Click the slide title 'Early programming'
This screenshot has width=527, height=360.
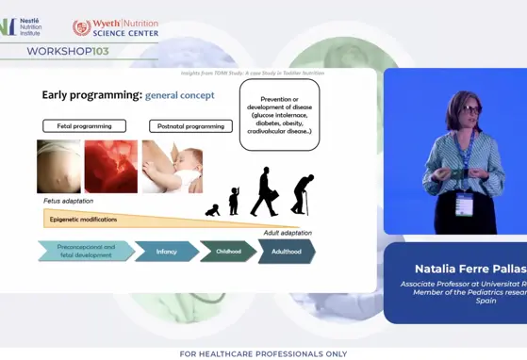click(91, 95)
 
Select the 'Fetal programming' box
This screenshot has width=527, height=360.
click(84, 125)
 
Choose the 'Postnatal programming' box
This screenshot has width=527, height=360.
click(190, 125)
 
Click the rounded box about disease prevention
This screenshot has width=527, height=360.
click(278, 114)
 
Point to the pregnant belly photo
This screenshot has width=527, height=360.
click(58, 167)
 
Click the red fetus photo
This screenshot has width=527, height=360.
click(110, 167)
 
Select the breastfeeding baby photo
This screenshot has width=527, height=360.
click(172, 167)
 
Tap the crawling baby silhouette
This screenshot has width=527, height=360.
click(213, 210)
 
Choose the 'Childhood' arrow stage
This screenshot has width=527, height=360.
click(227, 252)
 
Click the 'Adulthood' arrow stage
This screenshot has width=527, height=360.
click(287, 252)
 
